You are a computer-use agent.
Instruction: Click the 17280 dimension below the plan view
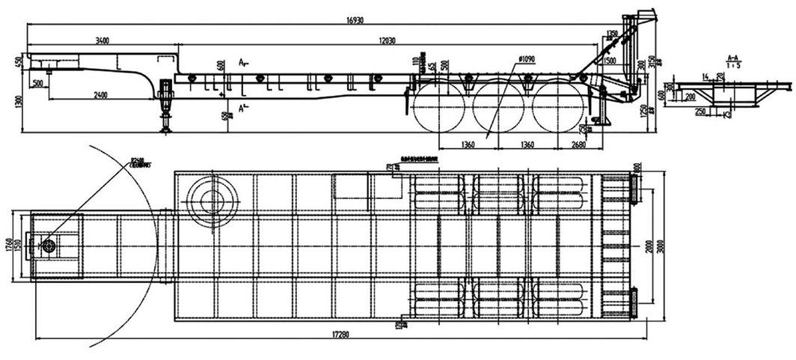(x=340, y=331)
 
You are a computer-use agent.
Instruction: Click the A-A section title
(x=733, y=57)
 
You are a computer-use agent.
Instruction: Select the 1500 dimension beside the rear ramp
(x=610, y=60)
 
